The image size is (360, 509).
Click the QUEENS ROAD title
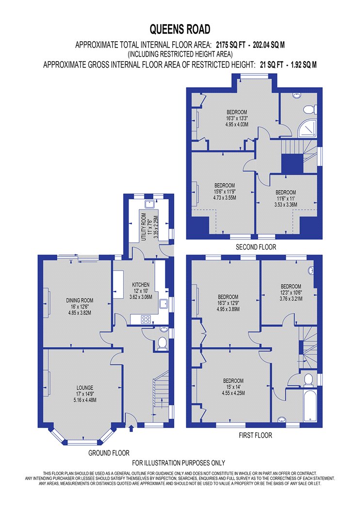(180, 30)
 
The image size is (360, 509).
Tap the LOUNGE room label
(85, 388)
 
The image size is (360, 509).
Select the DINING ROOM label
(80, 301)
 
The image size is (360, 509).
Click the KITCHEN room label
(141, 285)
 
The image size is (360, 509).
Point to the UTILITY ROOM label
(144, 226)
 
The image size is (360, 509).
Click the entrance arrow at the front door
(131, 429)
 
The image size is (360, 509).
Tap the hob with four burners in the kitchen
(145, 319)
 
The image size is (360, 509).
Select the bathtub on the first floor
(310, 405)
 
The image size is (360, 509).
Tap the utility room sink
(150, 204)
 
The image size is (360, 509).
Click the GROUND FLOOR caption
(109, 453)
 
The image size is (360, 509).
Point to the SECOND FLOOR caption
(256, 247)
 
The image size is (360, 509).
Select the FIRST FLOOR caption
(255, 435)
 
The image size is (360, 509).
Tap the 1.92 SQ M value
(303, 64)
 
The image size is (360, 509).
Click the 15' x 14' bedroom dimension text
(233, 387)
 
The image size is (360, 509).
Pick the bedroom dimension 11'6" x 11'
(286, 198)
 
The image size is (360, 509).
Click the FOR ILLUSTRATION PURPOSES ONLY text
(179, 462)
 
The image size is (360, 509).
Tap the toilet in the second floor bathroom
(310, 110)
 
